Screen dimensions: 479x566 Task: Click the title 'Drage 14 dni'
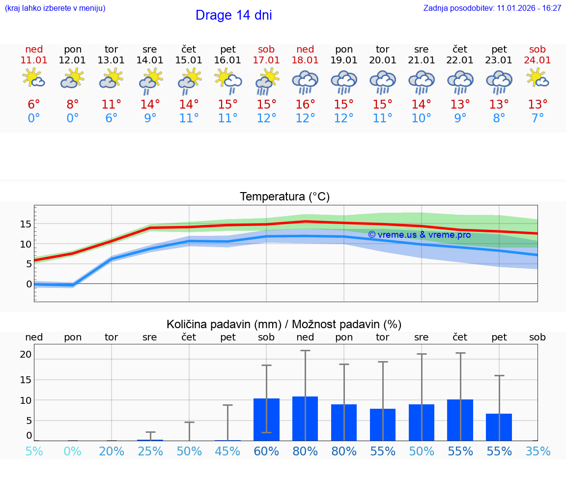[233, 15]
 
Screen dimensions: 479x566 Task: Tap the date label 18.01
[305, 60]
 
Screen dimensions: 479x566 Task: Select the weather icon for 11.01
[34, 79]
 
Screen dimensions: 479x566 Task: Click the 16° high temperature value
[305, 105]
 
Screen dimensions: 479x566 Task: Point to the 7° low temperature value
[538, 118]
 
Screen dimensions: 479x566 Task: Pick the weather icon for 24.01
[538, 79]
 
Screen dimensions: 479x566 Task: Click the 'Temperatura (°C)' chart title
[284, 197]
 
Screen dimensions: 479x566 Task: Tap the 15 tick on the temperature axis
[26, 224]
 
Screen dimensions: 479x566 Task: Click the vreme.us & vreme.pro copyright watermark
[419, 235]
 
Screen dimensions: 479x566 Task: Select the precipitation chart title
[284, 324]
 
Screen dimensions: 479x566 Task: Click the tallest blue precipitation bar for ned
[305, 419]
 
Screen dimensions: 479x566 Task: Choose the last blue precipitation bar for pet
[499, 427]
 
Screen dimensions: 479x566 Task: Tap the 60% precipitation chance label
[266, 451]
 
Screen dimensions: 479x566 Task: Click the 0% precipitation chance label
[73, 451]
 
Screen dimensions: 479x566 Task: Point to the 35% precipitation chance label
[538, 451]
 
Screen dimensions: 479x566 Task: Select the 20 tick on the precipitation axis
[26, 354]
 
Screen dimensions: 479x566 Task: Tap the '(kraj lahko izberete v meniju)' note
[55, 8]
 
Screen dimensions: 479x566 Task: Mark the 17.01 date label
[266, 60]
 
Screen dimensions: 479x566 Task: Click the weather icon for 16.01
[228, 79]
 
